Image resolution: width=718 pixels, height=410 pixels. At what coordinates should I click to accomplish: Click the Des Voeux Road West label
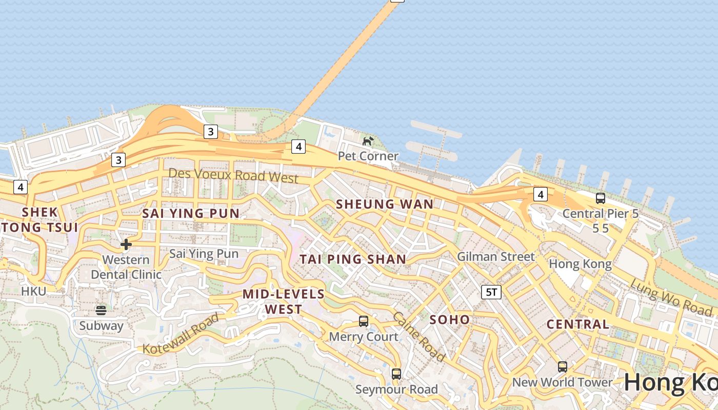click(x=233, y=175)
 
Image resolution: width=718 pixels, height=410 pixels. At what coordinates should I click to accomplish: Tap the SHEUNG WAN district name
click(x=385, y=204)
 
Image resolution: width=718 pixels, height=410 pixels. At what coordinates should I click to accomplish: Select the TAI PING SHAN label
click(x=353, y=259)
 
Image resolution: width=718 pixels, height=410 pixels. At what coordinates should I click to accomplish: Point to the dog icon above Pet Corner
click(x=368, y=141)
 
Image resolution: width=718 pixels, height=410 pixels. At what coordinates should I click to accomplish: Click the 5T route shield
click(x=491, y=292)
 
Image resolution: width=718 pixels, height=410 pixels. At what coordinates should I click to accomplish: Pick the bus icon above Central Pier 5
click(x=601, y=198)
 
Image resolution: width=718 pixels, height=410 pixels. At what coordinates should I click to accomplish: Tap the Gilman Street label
click(x=495, y=257)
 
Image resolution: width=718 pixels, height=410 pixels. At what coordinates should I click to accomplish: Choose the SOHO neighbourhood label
click(x=449, y=320)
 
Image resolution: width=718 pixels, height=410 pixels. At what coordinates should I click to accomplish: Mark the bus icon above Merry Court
click(x=364, y=321)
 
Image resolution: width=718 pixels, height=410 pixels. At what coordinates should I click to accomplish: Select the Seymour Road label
click(x=396, y=389)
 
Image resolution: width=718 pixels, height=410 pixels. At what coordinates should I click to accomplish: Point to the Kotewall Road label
click(x=181, y=334)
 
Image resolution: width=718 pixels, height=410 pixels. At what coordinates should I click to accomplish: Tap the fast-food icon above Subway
click(x=101, y=310)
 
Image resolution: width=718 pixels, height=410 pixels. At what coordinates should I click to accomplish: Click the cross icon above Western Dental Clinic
click(x=126, y=244)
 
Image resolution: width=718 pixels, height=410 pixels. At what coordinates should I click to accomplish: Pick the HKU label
click(x=33, y=291)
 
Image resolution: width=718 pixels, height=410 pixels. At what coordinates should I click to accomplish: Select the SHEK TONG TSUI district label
click(x=39, y=219)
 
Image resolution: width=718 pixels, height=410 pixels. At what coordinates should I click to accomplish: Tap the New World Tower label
click(x=562, y=382)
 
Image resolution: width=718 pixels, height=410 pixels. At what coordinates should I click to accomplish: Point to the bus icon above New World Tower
click(x=563, y=367)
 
